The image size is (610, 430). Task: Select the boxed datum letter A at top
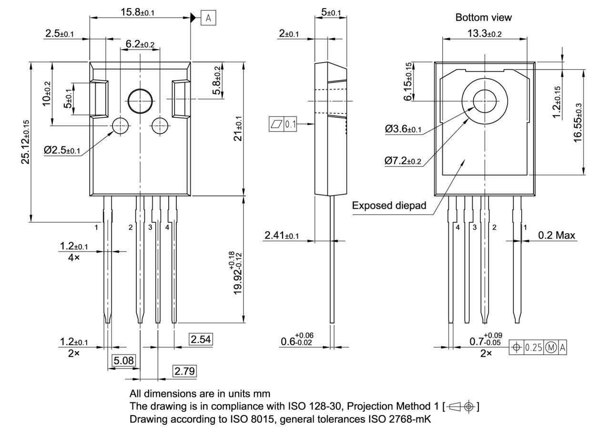[x=208, y=18]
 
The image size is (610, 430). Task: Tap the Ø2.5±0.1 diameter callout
[x=62, y=150]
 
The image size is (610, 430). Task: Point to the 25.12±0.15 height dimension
[x=26, y=142]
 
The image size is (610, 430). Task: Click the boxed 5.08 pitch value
[x=124, y=360]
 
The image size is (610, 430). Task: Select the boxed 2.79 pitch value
[x=184, y=371]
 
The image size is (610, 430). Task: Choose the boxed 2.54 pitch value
[x=201, y=339]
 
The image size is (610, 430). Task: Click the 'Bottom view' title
[x=483, y=18]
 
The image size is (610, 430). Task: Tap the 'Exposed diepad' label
[x=389, y=205]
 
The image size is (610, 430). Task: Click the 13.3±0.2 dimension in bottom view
[x=484, y=33]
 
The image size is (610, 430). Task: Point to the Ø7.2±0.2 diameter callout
[x=403, y=161]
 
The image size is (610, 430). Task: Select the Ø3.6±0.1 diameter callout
[x=403, y=129]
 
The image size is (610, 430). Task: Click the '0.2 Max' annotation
[x=556, y=235]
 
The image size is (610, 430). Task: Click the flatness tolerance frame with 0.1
[x=283, y=125]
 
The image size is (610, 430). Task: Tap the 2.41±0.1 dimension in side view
[x=281, y=235]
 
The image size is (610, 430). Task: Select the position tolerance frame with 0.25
[x=538, y=348]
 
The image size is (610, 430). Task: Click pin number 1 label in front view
[x=96, y=227]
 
